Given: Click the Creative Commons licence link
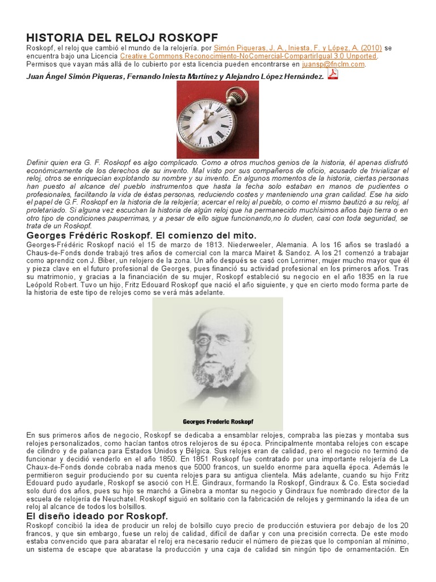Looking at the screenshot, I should [x=248, y=56].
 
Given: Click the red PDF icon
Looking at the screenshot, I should [x=333, y=74].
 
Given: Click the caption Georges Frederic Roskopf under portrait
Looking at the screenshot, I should [x=217, y=422].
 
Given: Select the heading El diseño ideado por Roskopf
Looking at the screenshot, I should [x=97, y=516].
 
